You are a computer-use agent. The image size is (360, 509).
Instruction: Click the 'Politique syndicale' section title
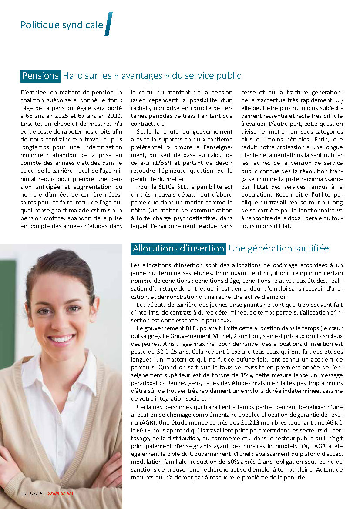[61, 25]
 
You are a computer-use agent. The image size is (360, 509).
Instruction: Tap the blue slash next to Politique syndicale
[108, 24]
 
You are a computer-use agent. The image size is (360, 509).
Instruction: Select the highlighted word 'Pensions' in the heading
[40, 76]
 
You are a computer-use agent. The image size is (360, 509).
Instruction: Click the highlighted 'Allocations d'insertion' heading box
[178, 248]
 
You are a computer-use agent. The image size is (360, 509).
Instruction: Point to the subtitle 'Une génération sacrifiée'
[279, 248]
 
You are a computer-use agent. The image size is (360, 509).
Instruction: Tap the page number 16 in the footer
[23, 493]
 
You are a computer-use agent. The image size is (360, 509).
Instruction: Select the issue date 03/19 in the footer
[36, 493]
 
